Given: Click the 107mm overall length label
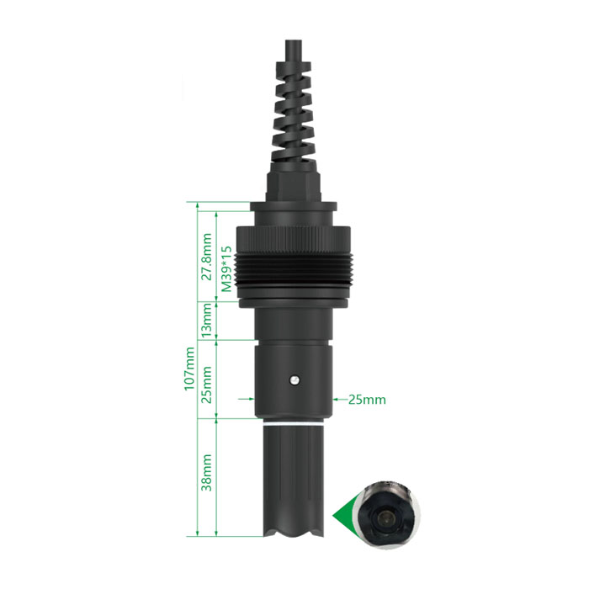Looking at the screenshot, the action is (189, 369).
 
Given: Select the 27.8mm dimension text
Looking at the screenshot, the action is (207, 257).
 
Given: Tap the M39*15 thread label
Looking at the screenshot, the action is (226, 269).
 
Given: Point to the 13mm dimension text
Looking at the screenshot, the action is (207, 321).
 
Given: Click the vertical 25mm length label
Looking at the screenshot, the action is (207, 385).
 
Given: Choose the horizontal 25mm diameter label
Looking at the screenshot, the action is (367, 400).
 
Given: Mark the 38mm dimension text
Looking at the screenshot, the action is (207, 473).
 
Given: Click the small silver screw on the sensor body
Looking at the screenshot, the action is (294, 380).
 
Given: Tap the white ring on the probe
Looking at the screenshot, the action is (294, 424).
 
